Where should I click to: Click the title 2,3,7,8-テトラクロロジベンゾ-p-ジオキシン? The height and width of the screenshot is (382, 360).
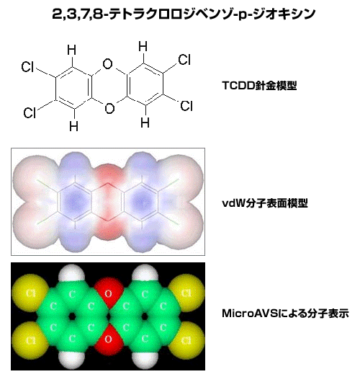184,14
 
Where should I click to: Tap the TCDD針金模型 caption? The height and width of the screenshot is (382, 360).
259,86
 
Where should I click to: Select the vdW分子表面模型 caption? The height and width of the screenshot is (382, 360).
265,203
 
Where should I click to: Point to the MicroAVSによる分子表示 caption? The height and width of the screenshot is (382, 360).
286,314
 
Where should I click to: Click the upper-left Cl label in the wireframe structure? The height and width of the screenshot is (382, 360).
27,67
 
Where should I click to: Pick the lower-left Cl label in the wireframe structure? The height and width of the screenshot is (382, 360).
30,112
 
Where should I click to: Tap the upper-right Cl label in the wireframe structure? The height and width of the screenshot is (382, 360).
184,60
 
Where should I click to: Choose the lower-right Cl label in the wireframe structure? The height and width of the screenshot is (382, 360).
186,106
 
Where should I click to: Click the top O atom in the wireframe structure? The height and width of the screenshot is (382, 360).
107,64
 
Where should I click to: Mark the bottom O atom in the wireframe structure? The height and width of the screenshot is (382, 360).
109,108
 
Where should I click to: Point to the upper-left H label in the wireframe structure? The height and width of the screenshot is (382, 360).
71,50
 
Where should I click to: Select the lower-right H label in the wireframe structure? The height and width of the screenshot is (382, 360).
145,123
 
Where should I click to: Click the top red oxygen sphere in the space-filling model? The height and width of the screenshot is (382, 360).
109,293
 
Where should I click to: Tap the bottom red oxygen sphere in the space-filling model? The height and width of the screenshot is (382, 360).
109,339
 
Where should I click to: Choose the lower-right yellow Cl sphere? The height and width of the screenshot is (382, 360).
186,340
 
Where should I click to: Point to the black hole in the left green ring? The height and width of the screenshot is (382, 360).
72,316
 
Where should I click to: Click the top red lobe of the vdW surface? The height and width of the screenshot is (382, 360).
109,174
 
